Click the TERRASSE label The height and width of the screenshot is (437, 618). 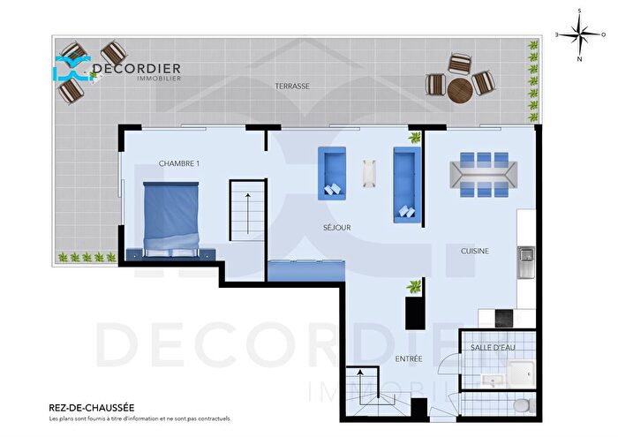tap(292, 87)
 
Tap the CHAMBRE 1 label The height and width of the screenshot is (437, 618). tap(179, 164)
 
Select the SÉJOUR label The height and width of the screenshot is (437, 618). tap(336, 228)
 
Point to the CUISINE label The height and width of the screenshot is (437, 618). tap(475, 252)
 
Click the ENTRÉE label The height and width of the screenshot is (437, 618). tap(409, 358)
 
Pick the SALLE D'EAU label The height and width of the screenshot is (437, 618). tap(492, 349)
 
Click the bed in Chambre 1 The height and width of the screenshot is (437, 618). tap(171, 216)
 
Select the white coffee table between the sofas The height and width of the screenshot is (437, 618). tap(370, 173)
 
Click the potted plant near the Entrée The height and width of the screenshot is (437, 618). tap(412, 287)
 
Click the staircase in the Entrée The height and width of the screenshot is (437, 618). tap(362, 388)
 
